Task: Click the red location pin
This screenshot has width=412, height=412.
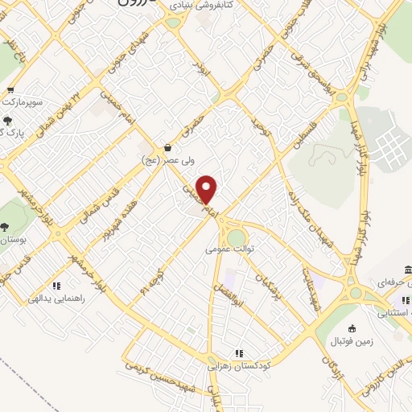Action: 208,190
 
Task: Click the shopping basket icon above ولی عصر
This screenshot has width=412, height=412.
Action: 167,148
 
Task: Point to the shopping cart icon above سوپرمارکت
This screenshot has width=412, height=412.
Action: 10,90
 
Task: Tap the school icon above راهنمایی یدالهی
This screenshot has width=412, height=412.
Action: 56,286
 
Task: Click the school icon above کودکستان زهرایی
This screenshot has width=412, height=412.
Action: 238,352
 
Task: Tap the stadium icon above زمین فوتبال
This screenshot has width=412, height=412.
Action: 351,328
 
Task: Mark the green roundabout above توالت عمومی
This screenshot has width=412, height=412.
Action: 236,237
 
